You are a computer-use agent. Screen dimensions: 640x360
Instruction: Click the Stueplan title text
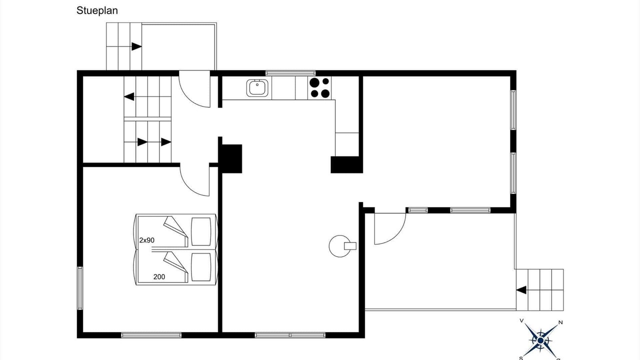pos(97,11)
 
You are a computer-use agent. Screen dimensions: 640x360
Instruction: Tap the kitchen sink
pos(257,88)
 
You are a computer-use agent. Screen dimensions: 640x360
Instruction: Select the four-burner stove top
pos(319,87)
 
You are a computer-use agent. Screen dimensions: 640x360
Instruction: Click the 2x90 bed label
pos(147,240)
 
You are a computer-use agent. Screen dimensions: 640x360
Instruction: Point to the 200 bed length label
pos(159,277)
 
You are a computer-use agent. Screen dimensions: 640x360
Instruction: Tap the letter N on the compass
pos(560,322)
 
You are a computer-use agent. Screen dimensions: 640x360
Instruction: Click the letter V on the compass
pos(521,320)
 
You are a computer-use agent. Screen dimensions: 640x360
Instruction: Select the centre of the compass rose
pos(540,340)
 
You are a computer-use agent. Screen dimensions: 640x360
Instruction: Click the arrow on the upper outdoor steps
pos(136,46)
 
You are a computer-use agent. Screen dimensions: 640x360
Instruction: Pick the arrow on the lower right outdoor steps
pos(521,290)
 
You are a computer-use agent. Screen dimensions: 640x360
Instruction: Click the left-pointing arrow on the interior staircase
pos(129,96)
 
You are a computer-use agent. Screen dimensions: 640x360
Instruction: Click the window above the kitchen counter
pos(290,73)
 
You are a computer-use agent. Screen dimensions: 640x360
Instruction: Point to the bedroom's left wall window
pos(80,288)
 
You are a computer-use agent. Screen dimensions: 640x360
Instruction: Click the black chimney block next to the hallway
pos(230,158)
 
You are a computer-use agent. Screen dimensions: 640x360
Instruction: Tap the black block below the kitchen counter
pos(346,164)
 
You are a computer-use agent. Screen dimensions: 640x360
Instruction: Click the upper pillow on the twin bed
pos(201,231)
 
